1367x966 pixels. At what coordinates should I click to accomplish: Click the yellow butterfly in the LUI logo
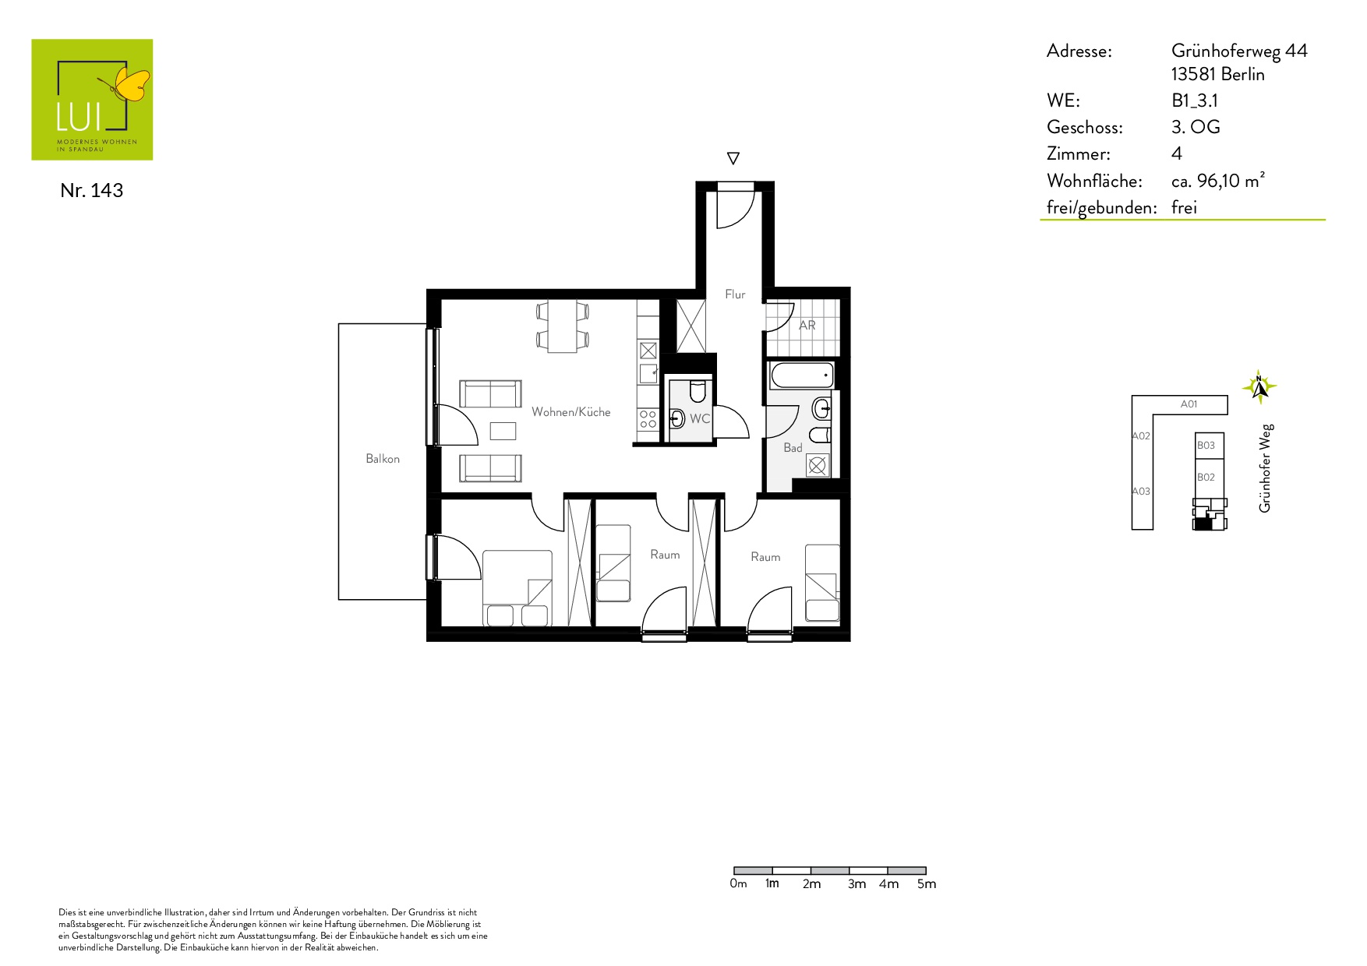click(x=131, y=84)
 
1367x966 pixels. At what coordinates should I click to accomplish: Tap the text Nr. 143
click(x=91, y=191)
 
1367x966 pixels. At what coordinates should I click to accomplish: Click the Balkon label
click(x=383, y=459)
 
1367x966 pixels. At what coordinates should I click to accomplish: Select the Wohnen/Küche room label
click(x=571, y=412)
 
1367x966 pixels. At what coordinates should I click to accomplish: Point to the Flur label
click(x=735, y=294)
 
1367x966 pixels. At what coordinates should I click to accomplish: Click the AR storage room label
click(x=807, y=325)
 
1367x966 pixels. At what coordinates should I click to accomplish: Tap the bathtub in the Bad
click(x=802, y=375)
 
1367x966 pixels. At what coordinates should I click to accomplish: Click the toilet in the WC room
click(x=698, y=390)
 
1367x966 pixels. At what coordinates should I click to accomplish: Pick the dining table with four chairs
click(x=562, y=326)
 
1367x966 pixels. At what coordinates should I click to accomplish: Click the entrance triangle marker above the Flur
click(x=733, y=158)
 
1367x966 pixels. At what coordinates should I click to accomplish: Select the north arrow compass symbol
click(x=1259, y=386)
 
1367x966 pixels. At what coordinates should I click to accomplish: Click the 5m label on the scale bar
click(x=927, y=884)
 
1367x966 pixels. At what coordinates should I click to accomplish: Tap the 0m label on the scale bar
click(x=738, y=884)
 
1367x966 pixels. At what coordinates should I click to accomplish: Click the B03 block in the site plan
click(x=1210, y=446)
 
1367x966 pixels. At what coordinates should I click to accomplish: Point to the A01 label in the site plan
click(x=1189, y=404)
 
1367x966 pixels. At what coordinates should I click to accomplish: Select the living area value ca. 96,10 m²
click(x=1217, y=181)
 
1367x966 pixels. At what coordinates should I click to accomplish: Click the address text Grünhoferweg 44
click(x=1239, y=51)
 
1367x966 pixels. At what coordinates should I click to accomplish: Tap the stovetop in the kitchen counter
click(x=648, y=419)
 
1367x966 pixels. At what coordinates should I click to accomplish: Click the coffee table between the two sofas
click(x=503, y=431)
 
